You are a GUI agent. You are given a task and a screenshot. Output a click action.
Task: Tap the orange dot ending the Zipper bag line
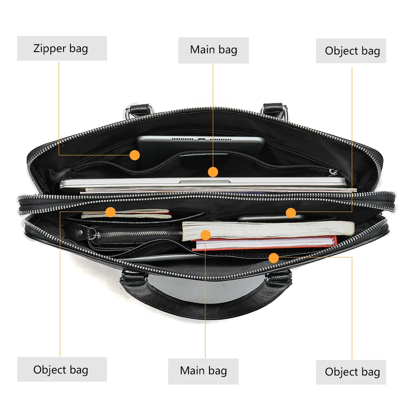134,155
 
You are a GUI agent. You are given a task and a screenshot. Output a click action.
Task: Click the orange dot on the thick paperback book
206,235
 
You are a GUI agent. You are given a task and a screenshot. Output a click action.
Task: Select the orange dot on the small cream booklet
111,212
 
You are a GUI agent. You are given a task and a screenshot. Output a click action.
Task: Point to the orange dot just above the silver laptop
213,172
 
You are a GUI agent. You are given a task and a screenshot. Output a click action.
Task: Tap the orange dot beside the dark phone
291,213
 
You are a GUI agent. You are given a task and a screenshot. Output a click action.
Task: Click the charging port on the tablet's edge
201,139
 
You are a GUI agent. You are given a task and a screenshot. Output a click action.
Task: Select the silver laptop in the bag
204,182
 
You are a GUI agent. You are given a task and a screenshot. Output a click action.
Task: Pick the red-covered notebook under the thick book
264,243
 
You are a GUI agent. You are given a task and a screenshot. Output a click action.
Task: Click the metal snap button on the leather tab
80,232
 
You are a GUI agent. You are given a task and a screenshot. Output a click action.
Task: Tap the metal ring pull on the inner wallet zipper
92,234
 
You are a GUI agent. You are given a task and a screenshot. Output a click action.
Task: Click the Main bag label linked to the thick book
203,371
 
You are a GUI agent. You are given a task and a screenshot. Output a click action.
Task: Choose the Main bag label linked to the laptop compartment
213,50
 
